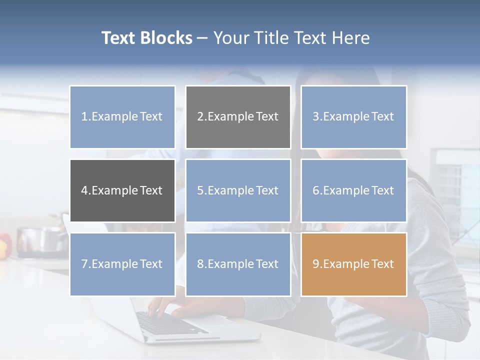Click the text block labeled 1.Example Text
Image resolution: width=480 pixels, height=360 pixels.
pyautogui.click(x=122, y=117)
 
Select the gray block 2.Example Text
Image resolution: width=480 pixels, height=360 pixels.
pyautogui.click(x=238, y=117)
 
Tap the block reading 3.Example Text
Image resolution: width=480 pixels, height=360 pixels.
pyautogui.click(x=353, y=117)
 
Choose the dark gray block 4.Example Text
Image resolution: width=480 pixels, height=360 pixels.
pyautogui.click(x=122, y=190)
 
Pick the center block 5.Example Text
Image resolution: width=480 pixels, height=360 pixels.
pyautogui.click(x=238, y=190)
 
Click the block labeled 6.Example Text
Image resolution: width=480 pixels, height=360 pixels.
pyautogui.click(x=353, y=190)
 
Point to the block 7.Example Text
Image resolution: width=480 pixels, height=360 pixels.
pyautogui.click(x=122, y=264)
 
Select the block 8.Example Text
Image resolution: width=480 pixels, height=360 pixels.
pyautogui.click(x=238, y=264)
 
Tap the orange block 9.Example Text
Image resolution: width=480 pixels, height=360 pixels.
pyautogui.click(x=353, y=264)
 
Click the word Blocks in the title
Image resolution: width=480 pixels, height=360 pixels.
pyautogui.click(x=167, y=38)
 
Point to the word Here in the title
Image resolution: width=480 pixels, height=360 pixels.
pyautogui.click(x=351, y=38)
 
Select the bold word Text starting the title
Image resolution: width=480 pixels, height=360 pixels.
pyautogui.click(x=119, y=38)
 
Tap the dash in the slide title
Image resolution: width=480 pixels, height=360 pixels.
pyautogui.click(x=202, y=38)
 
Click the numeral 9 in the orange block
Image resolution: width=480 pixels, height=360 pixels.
pyautogui.click(x=316, y=264)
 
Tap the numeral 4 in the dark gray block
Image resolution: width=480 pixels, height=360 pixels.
pyautogui.click(x=84, y=190)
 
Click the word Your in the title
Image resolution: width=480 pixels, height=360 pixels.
pyautogui.click(x=230, y=38)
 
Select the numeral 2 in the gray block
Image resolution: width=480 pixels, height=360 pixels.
pyautogui.click(x=200, y=117)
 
